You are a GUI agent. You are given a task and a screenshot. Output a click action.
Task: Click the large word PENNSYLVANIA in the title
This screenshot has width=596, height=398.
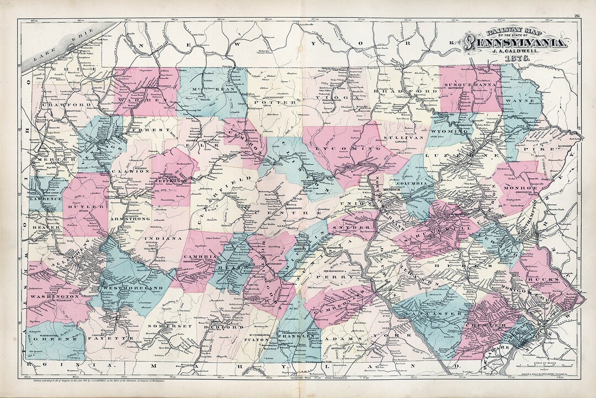tap(515, 43)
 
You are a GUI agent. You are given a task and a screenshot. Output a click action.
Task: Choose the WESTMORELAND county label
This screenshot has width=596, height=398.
tap(134, 289)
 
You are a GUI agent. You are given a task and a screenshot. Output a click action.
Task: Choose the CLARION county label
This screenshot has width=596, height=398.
tap(130, 171)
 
